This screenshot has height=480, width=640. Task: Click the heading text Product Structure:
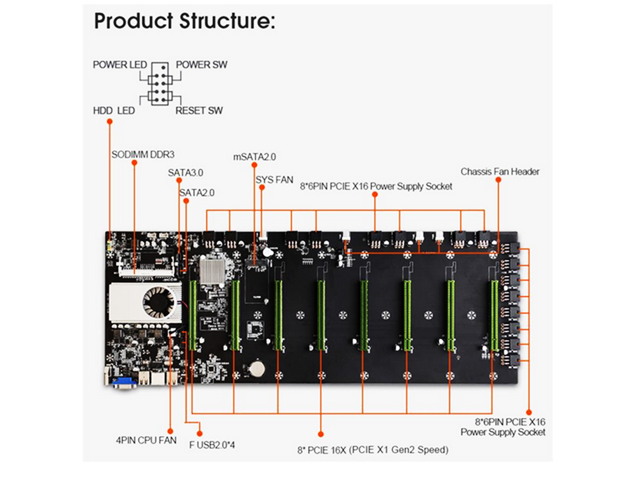pyautogui.click(x=184, y=21)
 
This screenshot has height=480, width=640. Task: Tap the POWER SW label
pyautogui.click(x=200, y=65)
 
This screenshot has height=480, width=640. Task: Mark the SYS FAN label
pyautogui.click(x=274, y=180)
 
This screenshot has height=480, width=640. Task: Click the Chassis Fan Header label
pyautogui.click(x=500, y=172)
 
